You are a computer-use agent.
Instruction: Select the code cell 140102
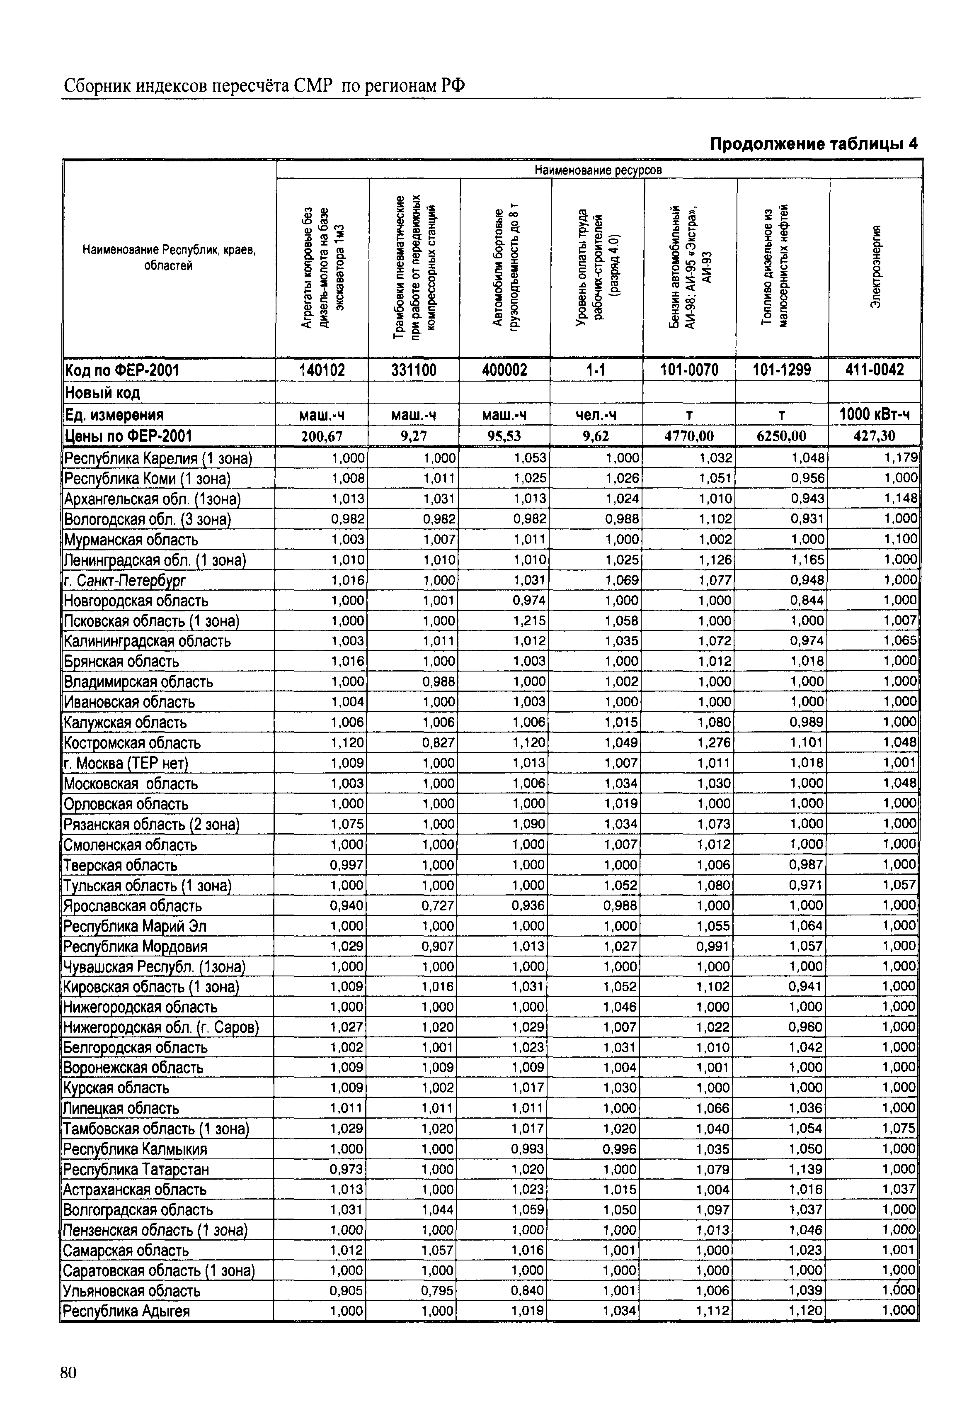tap(322, 370)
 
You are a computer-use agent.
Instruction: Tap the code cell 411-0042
tap(874, 370)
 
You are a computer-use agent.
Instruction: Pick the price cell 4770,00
tap(689, 436)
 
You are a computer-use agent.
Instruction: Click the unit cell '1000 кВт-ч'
tap(874, 415)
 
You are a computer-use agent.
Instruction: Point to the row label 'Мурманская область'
tap(131, 540)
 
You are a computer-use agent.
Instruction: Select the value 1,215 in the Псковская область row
tap(530, 620)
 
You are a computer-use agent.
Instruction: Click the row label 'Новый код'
tap(102, 393)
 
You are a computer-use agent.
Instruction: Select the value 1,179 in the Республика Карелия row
tap(901, 458)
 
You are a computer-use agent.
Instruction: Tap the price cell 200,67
tap(322, 436)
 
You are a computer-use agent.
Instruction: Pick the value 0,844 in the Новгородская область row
tap(808, 600)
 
